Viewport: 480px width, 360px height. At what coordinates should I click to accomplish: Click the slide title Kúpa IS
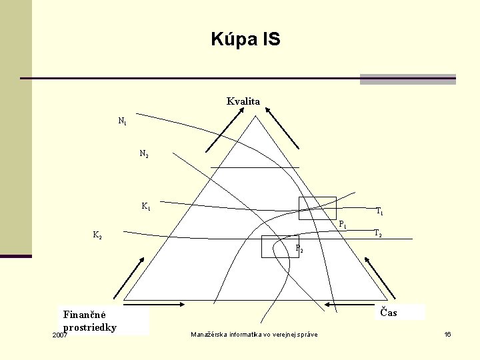245,39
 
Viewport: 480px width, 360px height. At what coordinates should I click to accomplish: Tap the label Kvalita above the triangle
243,101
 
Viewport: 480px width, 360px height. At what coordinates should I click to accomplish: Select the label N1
123,121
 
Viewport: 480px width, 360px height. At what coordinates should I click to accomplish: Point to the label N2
144,154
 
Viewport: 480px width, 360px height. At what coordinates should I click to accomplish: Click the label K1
145,206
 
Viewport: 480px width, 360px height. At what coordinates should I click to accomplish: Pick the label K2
97,235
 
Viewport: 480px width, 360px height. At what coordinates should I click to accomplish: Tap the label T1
379,211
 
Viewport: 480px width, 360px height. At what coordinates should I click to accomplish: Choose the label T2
377,233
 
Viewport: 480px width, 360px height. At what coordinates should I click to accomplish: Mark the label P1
342,225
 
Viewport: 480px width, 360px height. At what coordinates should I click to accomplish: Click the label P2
299,251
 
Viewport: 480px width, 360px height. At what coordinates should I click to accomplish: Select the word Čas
389,311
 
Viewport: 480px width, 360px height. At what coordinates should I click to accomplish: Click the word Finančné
89,314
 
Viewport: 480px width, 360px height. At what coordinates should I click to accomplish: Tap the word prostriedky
90,327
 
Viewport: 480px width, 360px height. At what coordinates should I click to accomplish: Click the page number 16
447,334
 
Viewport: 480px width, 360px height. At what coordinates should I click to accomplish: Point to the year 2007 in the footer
59,335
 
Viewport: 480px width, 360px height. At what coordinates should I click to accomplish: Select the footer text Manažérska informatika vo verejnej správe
254,334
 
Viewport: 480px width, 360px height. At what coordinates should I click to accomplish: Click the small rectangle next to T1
317,208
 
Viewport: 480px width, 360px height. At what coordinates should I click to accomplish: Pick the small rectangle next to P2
280,246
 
